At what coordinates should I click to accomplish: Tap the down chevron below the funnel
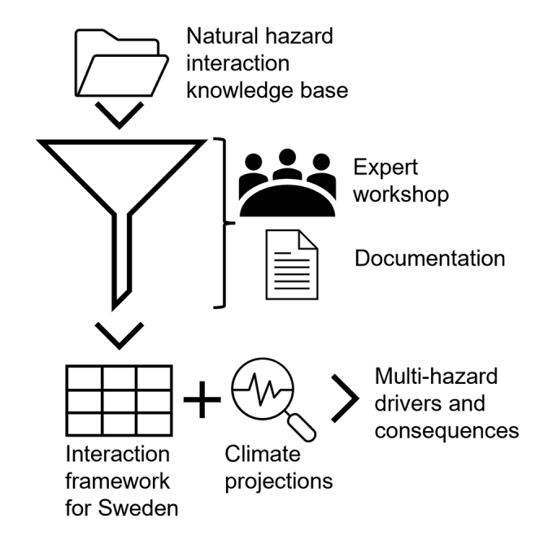coord(119,333)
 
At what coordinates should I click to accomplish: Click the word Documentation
coord(429,259)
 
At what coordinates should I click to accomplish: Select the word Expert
coord(385,167)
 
